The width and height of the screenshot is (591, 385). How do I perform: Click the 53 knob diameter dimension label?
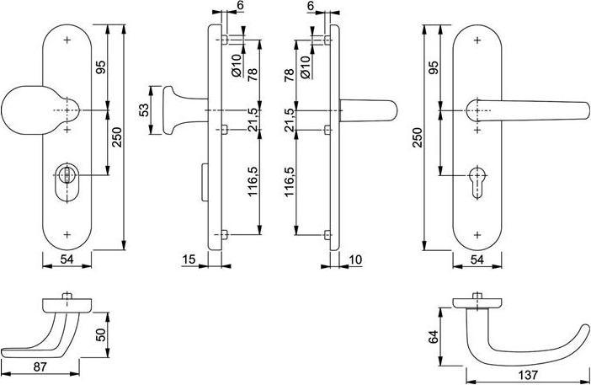144,110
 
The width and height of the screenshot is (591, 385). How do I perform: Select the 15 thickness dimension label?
190,259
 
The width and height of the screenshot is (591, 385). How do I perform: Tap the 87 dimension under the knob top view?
40,367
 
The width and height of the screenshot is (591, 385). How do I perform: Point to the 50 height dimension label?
101,335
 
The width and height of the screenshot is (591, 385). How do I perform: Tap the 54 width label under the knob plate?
67,260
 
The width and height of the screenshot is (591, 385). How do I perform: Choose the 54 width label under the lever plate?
477,260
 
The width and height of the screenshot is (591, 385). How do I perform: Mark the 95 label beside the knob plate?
101,67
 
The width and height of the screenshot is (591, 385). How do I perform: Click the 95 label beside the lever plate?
434,67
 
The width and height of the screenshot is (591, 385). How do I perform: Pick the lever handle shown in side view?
370,110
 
